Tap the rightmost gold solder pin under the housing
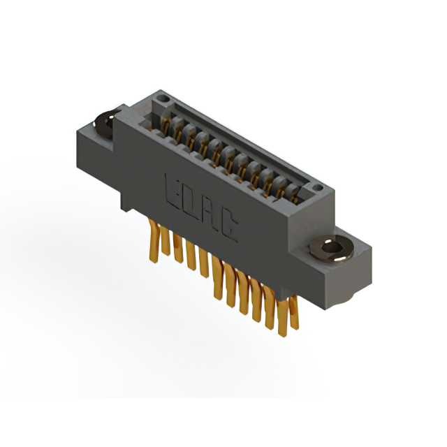click(x=293, y=307)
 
